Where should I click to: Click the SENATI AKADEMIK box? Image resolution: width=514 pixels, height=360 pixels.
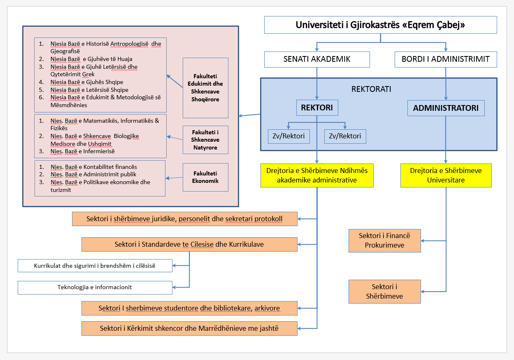(x=317, y=59)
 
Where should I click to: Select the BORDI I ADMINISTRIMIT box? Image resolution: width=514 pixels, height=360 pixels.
(x=446, y=59)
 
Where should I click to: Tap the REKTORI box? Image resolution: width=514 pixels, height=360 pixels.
(x=317, y=108)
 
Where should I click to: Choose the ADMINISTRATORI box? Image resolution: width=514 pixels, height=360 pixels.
(x=446, y=108)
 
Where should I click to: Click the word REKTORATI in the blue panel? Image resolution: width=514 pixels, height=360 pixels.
(x=371, y=89)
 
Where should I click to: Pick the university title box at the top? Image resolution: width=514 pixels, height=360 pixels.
(x=380, y=25)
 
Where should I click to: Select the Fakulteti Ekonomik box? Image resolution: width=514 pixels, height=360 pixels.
(x=205, y=177)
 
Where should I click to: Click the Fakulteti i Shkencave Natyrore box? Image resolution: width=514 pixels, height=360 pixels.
(x=205, y=140)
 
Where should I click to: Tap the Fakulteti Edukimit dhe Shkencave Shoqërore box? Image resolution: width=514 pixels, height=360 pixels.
(x=205, y=88)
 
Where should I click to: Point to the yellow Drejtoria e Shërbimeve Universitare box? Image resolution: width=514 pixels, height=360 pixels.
(x=446, y=175)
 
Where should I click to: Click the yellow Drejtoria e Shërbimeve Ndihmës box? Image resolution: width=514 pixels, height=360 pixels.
(x=317, y=175)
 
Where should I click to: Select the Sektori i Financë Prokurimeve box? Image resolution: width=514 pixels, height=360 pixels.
(x=385, y=241)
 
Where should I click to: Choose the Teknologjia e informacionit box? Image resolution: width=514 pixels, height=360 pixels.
(x=95, y=288)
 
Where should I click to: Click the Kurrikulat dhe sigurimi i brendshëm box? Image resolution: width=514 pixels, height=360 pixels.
(x=95, y=266)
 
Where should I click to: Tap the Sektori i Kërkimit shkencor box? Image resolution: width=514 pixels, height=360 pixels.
(x=189, y=328)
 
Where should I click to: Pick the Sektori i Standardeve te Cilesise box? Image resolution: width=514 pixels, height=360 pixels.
(x=189, y=244)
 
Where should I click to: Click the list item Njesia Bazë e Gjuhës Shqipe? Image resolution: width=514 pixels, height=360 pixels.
(x=87, y=82)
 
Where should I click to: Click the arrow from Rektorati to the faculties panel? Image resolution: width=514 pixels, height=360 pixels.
(x=250, y=115)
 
